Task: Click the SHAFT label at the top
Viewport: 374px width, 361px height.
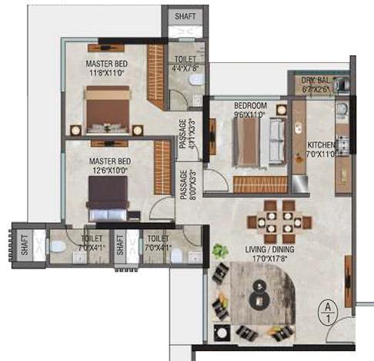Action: coord(185,15)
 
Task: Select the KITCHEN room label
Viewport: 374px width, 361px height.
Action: coord(322,144)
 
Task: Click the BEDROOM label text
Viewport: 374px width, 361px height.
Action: coord(251,105)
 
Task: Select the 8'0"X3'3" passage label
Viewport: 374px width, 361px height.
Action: coord(185,184)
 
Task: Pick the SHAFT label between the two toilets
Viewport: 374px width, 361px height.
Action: coord(119,246)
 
